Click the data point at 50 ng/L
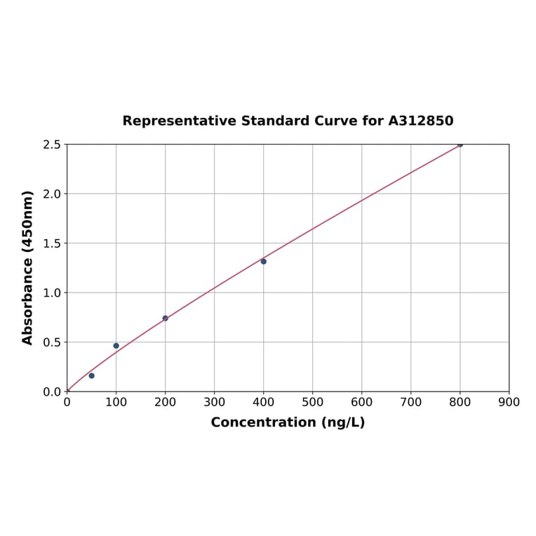click(x=91, y=375)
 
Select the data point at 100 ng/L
click(x=116, y=345)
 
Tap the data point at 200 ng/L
click(x=165, y=318)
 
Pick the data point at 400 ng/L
click(x=263, y=261)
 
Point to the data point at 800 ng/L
click(x=460, y=145)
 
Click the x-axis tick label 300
click(x=214, y=402)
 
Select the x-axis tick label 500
click(x=312, y=402)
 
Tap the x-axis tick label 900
click(x=509, y=402)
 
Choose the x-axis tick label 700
click(x=410, y=402)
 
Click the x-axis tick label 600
click(x=361, y=402)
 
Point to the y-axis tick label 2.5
click(x=52, y=145)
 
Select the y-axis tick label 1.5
click(x=52, y=243)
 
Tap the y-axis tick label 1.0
click(x=52, y=293)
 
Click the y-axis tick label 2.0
click(x=52, y=194)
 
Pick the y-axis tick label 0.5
click(x=52, y=342)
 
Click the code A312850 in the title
click(x=420, y=121)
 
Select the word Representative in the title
click(x=179, y=121)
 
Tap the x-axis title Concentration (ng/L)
click(x=288, y=422)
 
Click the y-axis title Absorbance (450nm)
click(x=28, y=267)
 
